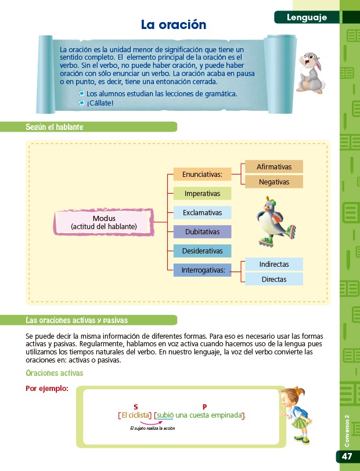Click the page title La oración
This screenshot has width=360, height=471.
tap(174, 25)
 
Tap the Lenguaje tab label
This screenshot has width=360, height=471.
tap(307, 18)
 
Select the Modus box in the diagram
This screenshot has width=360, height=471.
tap(104, 222)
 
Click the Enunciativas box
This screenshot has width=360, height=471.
tap(202, 173)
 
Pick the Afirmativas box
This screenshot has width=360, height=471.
tap(274, 166)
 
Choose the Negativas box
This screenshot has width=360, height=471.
tap(274, 182)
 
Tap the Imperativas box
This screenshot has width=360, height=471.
tap(202, 193)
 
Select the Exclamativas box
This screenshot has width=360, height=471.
tap(202, 212)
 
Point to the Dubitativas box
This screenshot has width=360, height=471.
tap(202, 232)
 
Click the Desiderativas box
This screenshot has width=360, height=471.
tap(202, 251)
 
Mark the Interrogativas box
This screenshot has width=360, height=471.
tap(202, 270)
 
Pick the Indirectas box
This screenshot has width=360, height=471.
tap(274, 264)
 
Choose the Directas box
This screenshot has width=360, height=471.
tap(274, 279)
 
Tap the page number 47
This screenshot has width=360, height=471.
tap(347, 456)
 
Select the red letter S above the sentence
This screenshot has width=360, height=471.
tap(135, 407)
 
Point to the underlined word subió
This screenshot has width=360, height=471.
tap(165, 415)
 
